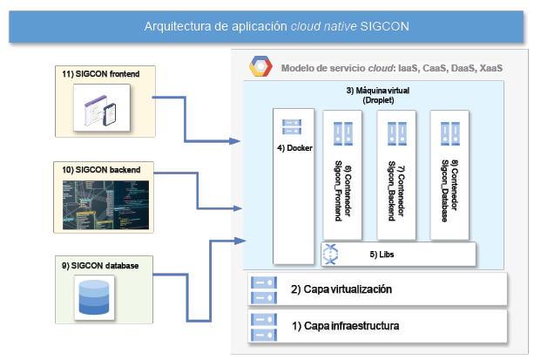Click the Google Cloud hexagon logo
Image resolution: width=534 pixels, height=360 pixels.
tap(259, 66)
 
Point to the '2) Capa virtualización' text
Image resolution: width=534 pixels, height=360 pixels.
tap(342, 289)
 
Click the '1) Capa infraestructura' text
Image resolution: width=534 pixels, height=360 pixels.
tap(345, 327)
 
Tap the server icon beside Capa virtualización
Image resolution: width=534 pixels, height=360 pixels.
tap(262, 289)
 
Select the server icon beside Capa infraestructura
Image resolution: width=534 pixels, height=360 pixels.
tap(262, 327)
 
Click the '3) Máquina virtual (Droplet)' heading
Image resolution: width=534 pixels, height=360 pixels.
tap(378, 96)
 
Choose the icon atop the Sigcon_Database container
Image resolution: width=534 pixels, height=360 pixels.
tap(450, 132)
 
